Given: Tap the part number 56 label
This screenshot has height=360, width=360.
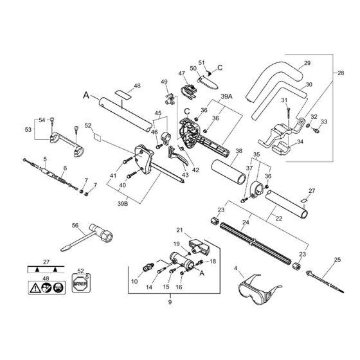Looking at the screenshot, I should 74,225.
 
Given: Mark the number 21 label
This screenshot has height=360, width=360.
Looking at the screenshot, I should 180,230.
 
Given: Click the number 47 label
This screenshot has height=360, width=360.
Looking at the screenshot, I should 181,75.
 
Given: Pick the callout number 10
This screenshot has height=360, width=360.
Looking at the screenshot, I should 134,281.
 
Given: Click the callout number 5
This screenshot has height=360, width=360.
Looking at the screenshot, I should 45,159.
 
